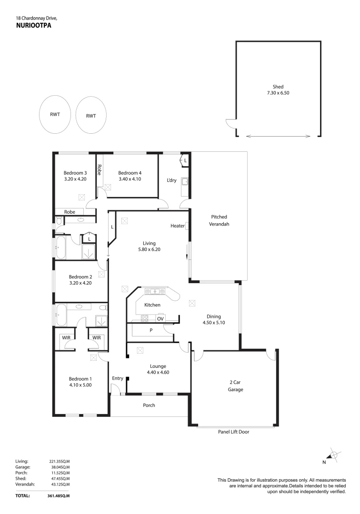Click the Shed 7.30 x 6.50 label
pyautogui.click(x=278, y=90)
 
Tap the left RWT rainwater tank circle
pyautogui.click(x=55, y=114)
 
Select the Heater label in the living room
pyautogui.click(x=177, y=226)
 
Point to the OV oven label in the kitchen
pyautogui.click(x=160, y=318)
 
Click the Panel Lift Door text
pyautogui.click(x=233, y=432)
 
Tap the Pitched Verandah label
pyautogui.click(x=219, y=220)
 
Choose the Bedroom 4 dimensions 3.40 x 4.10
pyautogui.click(x=130, y=179)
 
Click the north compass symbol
pyautogui.click(x=333, y=455)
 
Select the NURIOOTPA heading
pyautogui.click(x=34, y=25)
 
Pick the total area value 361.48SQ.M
pyautogui.click(x=59, y=495)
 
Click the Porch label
pyautogui.click(x=149, y=405)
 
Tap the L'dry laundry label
pyautogui.click(x=171, y=180)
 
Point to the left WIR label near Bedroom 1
pyautogui.click(x=66, y=337)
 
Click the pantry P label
pyautogui.click(x=151, y=330)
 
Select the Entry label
pyautogui.click(x=117, y=378)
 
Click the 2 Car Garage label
pyautogui.click(x=235, y=386)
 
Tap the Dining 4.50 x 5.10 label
pyautogui.click(x=214, y=319)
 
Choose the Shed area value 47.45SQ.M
pyautogui.click(x=60, y=479)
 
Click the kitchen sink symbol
pyautogui.click(x=155, y=291)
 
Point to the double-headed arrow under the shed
pyautogui.click(x=278, y=136)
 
